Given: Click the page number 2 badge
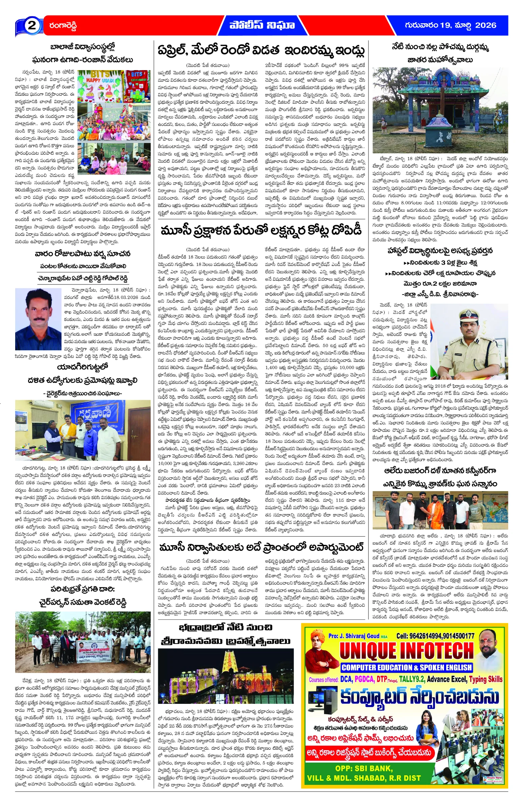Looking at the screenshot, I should tap(32, 26).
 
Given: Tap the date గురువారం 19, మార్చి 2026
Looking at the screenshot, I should tap(450, 25).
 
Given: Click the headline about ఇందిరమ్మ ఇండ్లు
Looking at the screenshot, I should tap(261, 51).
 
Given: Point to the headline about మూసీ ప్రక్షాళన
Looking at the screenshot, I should tap(261, 231).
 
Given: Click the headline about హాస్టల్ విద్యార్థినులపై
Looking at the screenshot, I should tap(440, 250).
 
